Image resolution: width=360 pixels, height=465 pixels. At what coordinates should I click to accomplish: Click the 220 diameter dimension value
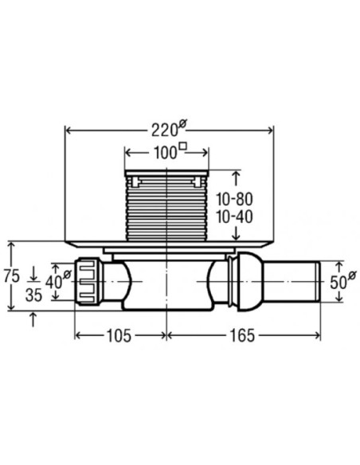165,131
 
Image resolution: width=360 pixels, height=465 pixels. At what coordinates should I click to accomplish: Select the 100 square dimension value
165,153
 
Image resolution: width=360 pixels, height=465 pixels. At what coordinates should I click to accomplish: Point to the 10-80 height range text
234,199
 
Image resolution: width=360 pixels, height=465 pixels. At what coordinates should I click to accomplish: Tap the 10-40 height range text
234,217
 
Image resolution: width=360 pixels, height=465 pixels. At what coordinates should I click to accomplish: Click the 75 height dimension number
12,275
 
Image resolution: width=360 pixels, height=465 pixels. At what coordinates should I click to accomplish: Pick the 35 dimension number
33,295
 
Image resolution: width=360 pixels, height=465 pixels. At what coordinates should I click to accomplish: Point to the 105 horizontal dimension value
119,336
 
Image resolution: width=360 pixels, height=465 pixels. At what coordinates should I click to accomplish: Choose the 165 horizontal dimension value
242,336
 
